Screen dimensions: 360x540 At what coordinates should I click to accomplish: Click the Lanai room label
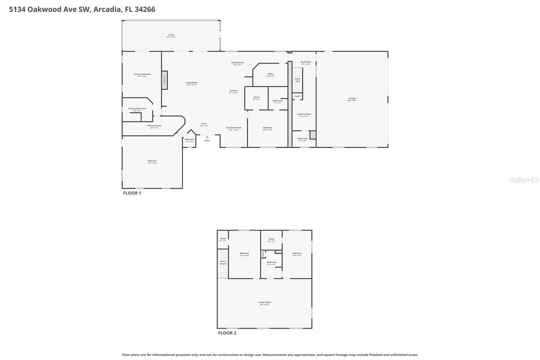[171, 35]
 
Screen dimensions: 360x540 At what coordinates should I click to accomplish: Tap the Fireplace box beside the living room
[164, 80]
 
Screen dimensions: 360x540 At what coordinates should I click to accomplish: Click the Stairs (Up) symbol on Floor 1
[297, 80]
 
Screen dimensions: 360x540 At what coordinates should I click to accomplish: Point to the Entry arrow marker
[207, 137]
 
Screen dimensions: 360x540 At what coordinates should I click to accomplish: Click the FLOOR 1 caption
[132, 193]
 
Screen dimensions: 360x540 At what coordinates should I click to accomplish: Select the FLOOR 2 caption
[227, 333]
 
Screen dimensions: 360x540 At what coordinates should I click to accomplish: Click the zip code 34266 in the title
[145, 9]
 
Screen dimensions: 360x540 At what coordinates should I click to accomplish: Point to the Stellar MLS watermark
[524, 180]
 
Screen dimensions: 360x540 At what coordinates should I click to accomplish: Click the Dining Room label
[237, 63]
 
